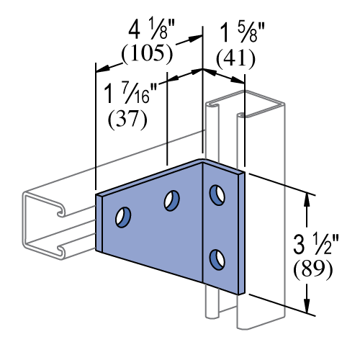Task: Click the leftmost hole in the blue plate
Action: pos(123,217)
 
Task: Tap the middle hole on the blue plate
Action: pos(171,201)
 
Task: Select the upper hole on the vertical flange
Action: pos(217,195)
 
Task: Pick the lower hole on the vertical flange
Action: pos(217,259)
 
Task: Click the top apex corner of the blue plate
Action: pos(203,161)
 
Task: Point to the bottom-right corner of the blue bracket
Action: pos(241,294)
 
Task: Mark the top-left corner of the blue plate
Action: pos(97,196)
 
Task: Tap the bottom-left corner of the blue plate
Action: pos(97,251)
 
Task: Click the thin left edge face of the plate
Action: pos(99,223)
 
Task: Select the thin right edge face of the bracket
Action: pos(241,234)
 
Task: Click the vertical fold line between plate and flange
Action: pos(203,223)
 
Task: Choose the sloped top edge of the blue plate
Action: pos(151,179)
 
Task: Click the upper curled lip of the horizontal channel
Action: pos(60,210)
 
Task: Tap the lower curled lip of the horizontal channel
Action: pos(60,251)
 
